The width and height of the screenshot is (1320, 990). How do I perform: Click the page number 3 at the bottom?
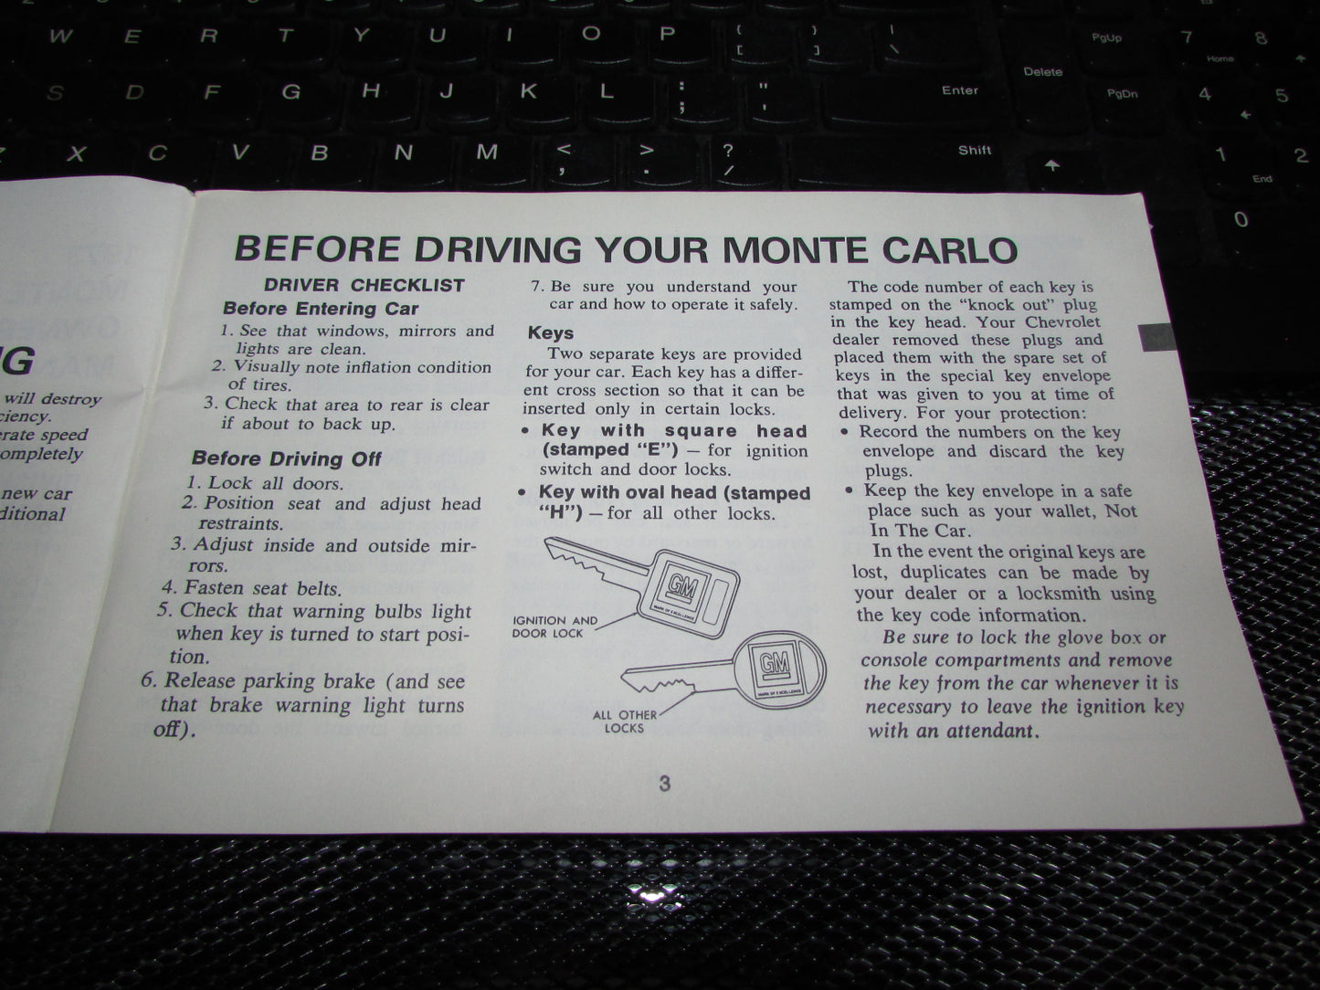(664, 784)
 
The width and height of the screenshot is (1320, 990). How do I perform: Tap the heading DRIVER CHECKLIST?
(364, 285)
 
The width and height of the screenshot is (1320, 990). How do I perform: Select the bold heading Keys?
(551, 332)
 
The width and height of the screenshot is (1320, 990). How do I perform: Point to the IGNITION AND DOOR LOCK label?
(554, 627)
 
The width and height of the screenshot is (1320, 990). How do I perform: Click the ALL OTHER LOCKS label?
(625, 721)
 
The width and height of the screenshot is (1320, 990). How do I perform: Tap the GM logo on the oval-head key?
(766, 660)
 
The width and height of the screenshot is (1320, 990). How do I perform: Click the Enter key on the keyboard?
(960, 90)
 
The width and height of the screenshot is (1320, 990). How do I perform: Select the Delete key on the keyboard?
(1042, 71)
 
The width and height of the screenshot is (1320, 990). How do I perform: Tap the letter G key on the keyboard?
(290, 91)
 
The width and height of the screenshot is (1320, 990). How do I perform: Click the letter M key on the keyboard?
(487, 152)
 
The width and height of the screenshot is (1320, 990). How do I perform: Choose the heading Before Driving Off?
(286, 458)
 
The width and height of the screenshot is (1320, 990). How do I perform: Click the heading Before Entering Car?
(321, 308)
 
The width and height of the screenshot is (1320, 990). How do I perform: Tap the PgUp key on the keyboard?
(1106, 38)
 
